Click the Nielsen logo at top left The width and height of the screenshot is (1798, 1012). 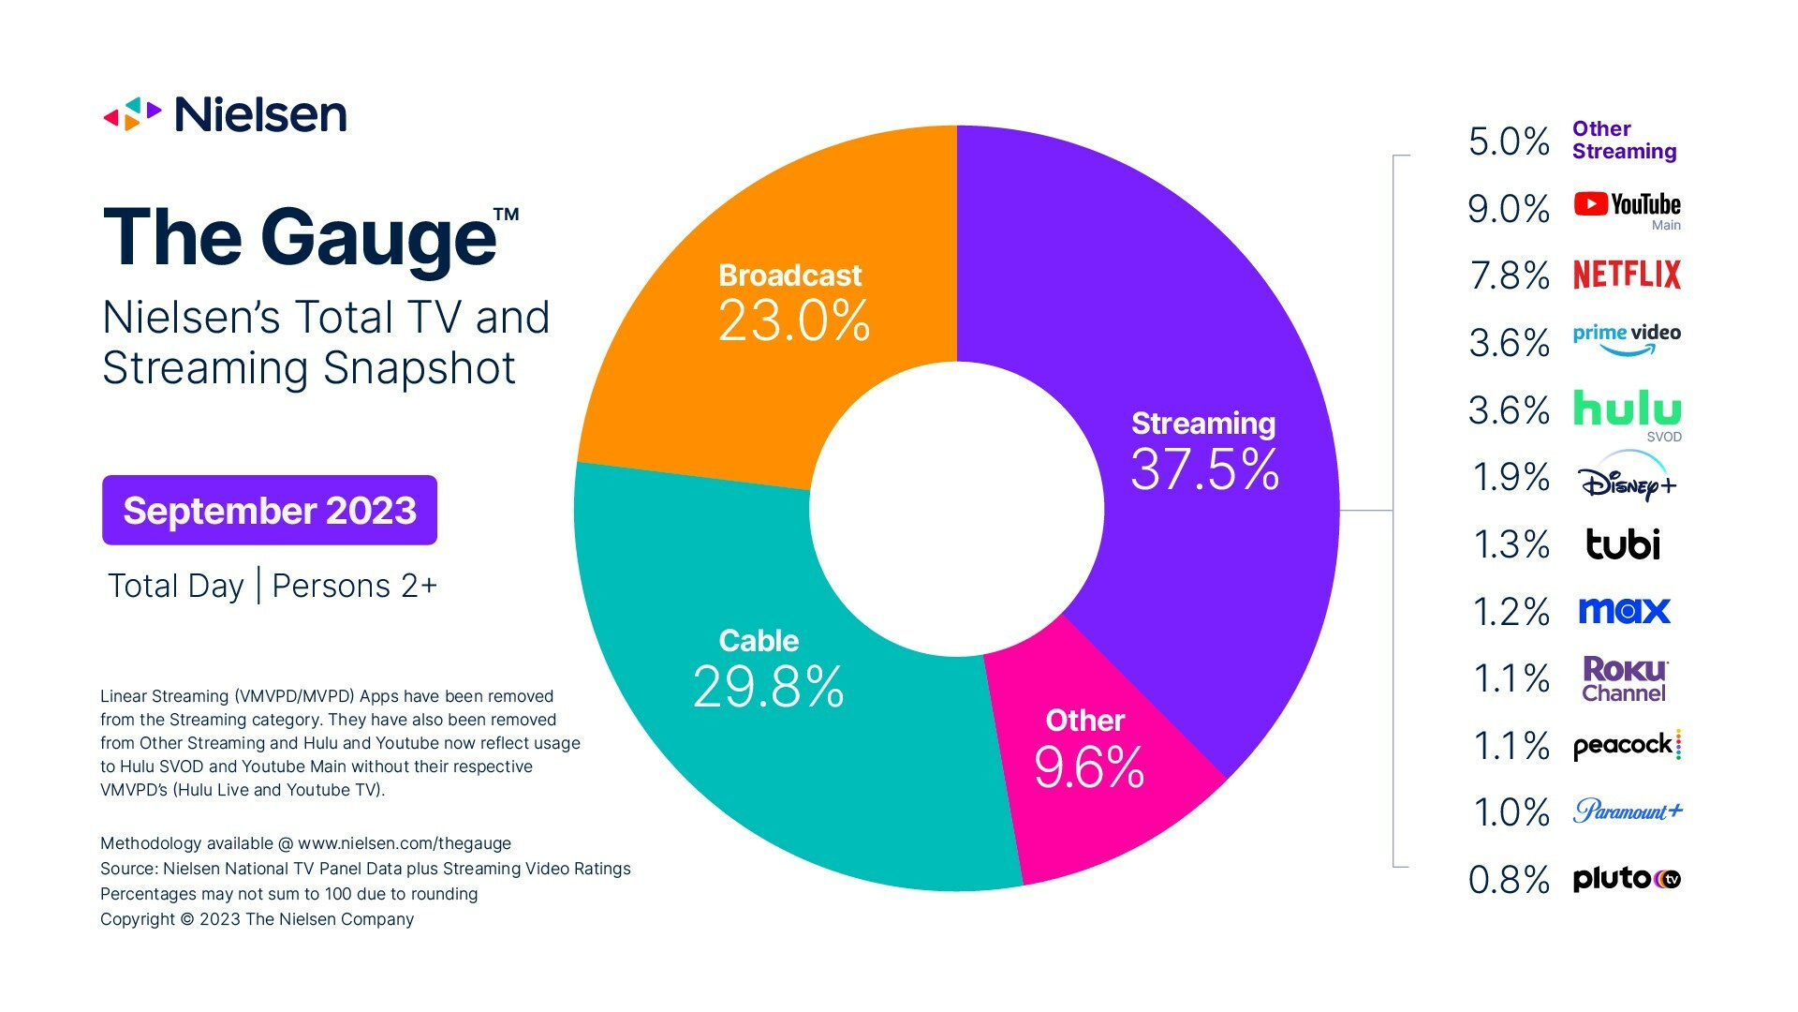(225, 114)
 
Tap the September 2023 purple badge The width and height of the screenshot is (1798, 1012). (270, 511)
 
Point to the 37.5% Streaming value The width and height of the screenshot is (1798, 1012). (1204, 469)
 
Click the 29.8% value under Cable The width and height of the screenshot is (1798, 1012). (768, 687)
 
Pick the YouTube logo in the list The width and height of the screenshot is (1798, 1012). (1627, 205)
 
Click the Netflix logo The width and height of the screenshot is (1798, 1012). (1627, 275)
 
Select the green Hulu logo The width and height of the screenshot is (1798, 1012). (1627, 409)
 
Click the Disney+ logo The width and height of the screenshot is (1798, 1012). (1627, 480)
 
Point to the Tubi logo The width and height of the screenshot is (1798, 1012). (1623, 543)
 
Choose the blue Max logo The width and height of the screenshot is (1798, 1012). (1624, 611)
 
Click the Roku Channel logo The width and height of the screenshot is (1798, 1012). (1624, 679)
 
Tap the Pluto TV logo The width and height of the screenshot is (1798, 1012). (1627, 879)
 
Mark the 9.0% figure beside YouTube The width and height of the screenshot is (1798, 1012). (1509, 209)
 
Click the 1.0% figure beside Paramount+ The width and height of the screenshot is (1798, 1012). (1511, 812)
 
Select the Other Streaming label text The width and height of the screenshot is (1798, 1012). (1624, 141)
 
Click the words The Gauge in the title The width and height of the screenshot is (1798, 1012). (300, 237)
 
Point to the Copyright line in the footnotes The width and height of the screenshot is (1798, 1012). (258, 919)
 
